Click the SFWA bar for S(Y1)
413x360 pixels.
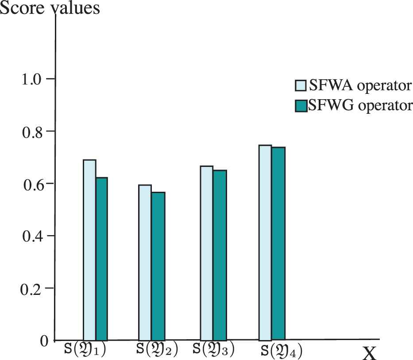tap(89, 250)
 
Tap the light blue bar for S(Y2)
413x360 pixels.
tap(145, 262)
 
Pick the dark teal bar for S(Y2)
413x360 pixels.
tap(158, 266)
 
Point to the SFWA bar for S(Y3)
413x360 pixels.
tap(206, 253)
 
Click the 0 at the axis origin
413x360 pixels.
tap(43, 341)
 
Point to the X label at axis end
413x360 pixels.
tap(369, 353)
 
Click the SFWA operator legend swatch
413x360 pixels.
tap(300, 85)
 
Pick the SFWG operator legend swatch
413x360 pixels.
tap(300, 106)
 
